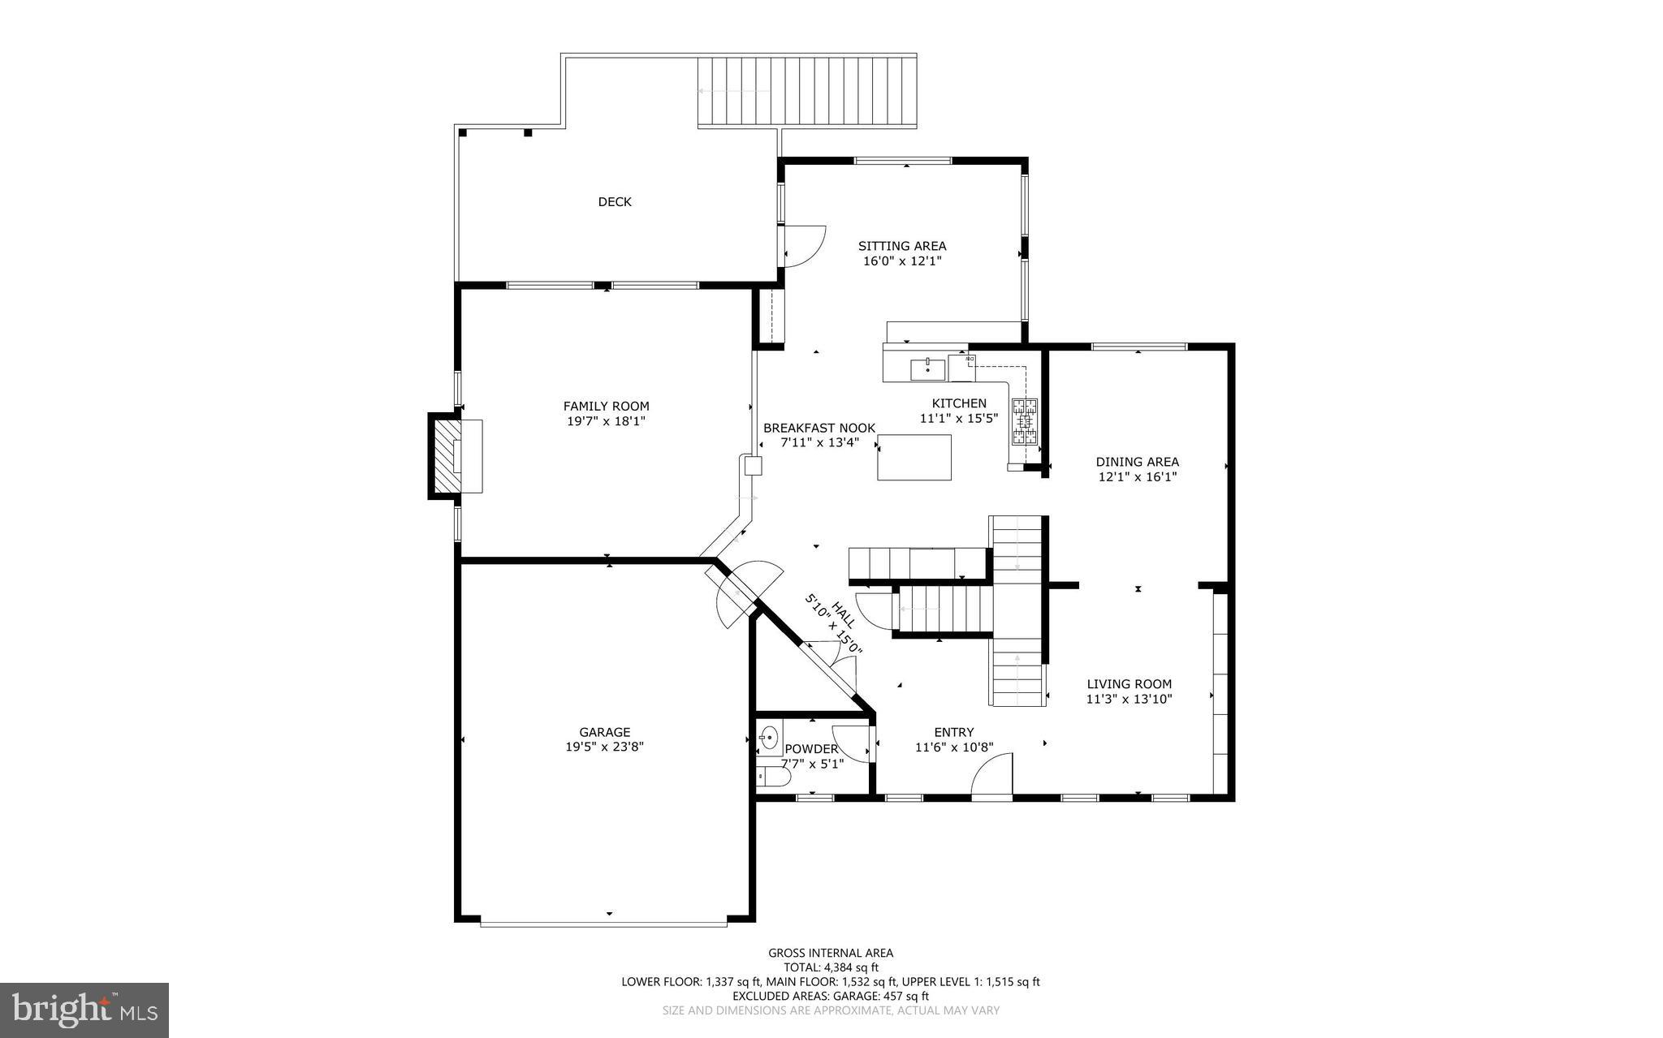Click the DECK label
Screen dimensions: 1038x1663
coord(615,202)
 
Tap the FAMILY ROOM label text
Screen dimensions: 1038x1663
coord(606,407)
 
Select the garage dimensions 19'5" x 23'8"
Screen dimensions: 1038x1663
coord(605,747)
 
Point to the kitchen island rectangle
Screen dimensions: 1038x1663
coord(914,457)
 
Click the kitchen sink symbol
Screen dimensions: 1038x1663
coord(927,368)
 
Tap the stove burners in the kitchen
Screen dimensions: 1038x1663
coord(1025,422)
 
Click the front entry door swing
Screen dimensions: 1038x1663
coord(992,776)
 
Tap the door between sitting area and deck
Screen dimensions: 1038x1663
coord(804,246)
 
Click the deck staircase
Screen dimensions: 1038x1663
coord(807,91)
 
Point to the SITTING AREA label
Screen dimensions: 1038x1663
coord(902,246)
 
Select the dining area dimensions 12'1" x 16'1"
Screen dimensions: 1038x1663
coord(1137,477)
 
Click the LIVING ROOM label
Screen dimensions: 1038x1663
coord(1129,684)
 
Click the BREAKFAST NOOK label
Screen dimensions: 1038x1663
coord(819,428)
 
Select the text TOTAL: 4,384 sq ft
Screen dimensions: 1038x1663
coord(830,967)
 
